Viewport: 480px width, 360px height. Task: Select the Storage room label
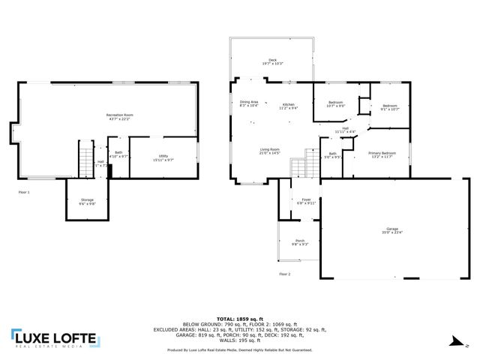(88, 201)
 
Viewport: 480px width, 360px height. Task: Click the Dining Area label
(249, 103)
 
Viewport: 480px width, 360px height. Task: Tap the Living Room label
(270, 151)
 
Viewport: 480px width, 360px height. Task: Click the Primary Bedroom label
(381, 154)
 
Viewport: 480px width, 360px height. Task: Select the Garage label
(392, 230)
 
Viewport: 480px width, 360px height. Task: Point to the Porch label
(299, 242)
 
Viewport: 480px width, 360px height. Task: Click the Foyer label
(306, 201)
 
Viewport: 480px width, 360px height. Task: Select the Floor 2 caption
(284, 274)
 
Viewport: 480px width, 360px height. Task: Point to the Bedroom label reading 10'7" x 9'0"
(335, 104)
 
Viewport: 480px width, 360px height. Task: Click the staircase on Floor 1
(86, 159)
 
